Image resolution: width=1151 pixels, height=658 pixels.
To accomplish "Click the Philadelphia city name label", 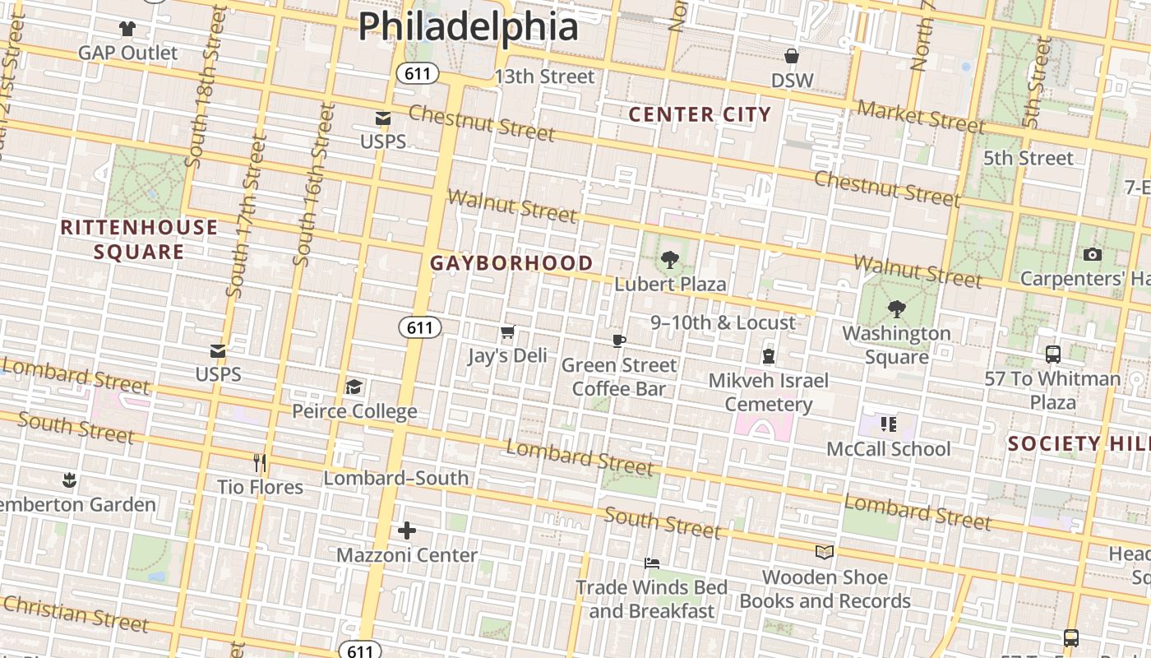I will pos(469,26).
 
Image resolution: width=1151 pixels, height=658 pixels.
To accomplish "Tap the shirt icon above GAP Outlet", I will pos(127,29).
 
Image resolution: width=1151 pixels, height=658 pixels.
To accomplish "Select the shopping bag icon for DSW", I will pos(792,56).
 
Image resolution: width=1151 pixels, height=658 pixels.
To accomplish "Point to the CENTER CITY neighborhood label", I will pos(700,114).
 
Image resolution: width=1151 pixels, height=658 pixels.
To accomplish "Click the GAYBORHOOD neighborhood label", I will pos(511,263).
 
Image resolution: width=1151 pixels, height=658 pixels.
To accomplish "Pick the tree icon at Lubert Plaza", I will pos(670,260).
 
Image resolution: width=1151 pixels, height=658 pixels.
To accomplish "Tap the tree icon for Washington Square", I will pos(897,309).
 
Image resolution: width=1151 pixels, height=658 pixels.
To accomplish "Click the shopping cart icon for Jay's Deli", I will pos(507,332).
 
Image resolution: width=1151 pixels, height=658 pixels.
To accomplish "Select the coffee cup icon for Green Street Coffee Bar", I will pos(619,341).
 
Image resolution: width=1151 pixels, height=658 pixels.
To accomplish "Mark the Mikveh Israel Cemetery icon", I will pos(769,356).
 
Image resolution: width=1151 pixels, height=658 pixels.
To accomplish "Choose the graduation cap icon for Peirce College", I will pos(354,387).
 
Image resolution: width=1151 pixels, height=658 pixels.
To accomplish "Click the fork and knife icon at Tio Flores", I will pos(260,463).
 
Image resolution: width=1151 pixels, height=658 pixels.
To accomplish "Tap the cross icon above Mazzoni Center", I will pos(407,531).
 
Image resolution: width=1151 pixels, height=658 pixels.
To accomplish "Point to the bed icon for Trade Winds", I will pos(652,563).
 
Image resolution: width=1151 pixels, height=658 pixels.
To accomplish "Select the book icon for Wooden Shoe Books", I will pos(825,552).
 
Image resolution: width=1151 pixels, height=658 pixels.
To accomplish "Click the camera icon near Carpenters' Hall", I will pos(1092,254).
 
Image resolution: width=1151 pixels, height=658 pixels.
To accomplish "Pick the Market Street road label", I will pos(921,116).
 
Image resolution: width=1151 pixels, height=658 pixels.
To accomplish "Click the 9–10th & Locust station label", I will pos(723,322).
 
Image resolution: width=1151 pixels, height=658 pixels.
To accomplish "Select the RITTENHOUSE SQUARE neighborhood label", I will pos(139,239).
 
